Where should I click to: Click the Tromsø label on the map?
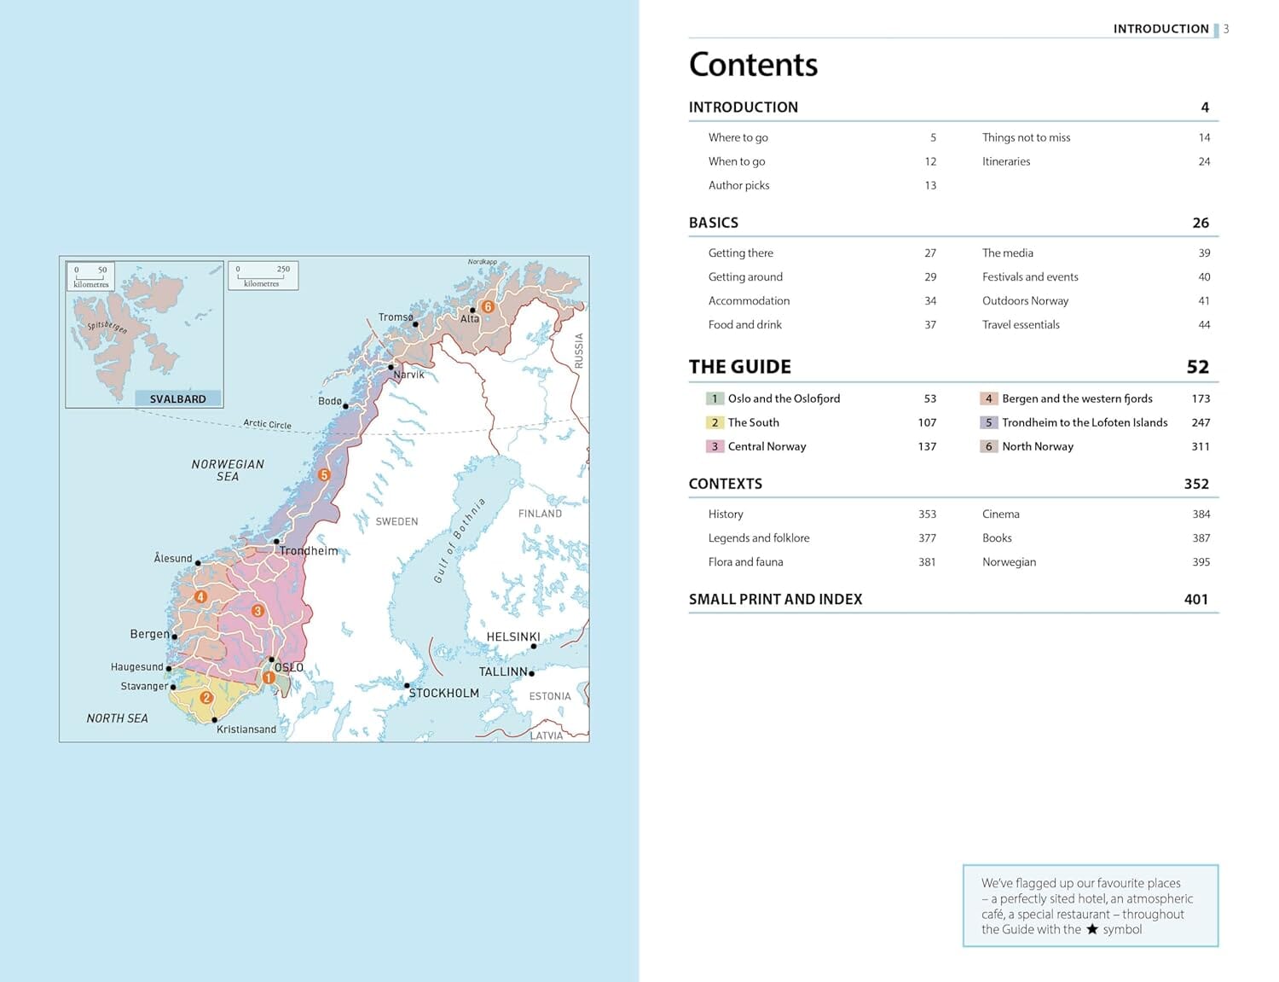click(396, 317)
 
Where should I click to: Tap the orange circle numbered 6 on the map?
click(488, 306)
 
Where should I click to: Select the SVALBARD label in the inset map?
click(177, 398)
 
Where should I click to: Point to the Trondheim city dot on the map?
click(276, 542)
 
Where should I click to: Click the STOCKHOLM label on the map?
click(443, 693)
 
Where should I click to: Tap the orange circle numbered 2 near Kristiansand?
click(205, 697)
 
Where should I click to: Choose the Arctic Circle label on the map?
click(267, 424)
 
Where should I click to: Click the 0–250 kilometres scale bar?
click(263, 276)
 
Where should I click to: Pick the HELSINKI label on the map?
click(513, 636)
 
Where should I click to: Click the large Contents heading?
click(753, 65)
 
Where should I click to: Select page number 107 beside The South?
click(927, 422)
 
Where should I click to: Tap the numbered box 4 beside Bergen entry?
click(988, 398)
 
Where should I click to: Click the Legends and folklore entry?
click(759, 537)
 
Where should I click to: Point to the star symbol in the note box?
click(1091, 929)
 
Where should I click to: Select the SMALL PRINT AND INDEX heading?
click(775, 599)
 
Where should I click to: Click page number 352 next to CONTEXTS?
click(1195, 484)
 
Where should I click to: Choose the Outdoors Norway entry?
click(1025, 300)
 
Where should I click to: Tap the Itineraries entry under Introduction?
click(1006, 161)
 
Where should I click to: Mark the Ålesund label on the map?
click(173, 558)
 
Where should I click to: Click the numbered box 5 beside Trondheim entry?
click(988, 422)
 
